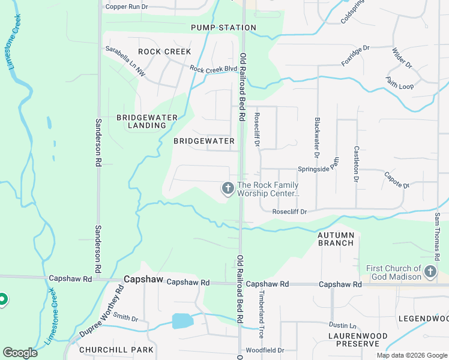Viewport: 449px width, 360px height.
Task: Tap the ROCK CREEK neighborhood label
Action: click(x=164, y=52)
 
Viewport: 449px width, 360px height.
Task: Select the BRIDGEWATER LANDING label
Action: click(x=141, y=121)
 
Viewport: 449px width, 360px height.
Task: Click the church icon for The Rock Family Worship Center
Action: click(x=228, y=189)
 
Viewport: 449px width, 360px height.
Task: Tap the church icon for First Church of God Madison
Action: click(x=430, y=272)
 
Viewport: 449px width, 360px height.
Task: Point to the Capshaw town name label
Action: click(x=143, y=280)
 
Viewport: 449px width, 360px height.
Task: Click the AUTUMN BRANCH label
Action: click(x=336, y=239)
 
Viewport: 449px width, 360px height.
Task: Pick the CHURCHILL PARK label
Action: click(x=116, y=349)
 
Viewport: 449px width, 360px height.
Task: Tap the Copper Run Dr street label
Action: click(x=126, y=7)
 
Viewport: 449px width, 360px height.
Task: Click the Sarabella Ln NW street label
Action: click(x=125, y=61)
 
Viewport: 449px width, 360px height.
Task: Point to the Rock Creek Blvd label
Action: click(x=213, y=69)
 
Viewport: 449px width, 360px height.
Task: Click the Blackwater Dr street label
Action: click(x=317, y=133)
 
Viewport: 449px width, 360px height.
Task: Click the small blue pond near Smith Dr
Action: click(x=182, y=320)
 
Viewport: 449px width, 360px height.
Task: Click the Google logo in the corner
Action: click(x=20, y=353)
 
